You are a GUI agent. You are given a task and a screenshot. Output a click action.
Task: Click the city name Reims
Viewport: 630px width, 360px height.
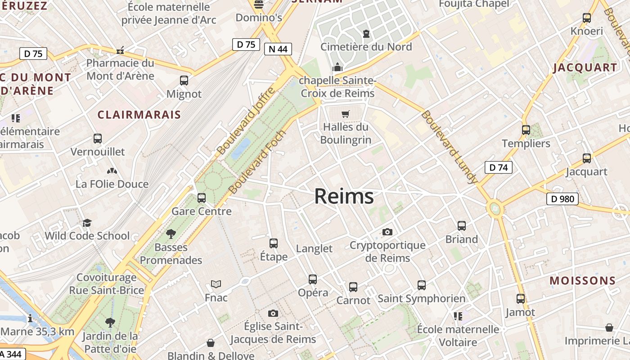[x=344, y=196]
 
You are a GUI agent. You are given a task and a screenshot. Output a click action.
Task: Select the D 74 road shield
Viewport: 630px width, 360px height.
[x=498, y=167]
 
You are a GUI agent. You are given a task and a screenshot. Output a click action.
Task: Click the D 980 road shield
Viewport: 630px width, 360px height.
[x=562, y=198]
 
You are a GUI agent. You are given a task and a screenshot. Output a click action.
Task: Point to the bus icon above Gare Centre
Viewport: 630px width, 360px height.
[x=202, y=198]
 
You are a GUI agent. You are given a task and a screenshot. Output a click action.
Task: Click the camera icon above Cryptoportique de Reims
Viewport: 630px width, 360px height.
[x=387, y=232]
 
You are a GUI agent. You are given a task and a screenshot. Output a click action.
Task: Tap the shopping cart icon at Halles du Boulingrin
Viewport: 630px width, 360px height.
[x=345, y=114]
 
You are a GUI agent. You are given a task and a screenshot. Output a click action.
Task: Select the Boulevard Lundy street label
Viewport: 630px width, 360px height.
[x=449, y=147]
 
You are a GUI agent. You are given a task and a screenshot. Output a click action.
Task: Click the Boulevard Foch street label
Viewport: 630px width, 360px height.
[x=257, y=162]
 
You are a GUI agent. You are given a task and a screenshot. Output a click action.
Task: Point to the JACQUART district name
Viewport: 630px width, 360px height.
[x=585, y=68]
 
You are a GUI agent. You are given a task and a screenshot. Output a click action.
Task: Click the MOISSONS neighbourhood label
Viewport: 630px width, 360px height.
[x=582, y=281]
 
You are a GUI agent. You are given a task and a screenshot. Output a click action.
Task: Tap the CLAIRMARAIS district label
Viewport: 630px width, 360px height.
[x=139, y=115]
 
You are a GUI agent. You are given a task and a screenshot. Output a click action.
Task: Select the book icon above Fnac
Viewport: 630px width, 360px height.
[x=216, y=284]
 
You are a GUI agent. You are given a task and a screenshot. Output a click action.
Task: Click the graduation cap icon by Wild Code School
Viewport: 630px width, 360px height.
[x=87, y=223]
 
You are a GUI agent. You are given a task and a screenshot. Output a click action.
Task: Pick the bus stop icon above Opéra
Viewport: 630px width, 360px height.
[x=313, y=279]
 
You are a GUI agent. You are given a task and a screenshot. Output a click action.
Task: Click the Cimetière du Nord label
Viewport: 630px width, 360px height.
[x=366, y=47]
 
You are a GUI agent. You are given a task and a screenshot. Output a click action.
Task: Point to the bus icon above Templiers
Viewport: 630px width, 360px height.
[x=526, y=130]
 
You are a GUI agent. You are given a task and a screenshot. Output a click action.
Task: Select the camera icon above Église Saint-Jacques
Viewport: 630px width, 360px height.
[x=273, y=313]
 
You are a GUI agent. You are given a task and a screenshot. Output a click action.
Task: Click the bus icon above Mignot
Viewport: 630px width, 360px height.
[x=184, y=81]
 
